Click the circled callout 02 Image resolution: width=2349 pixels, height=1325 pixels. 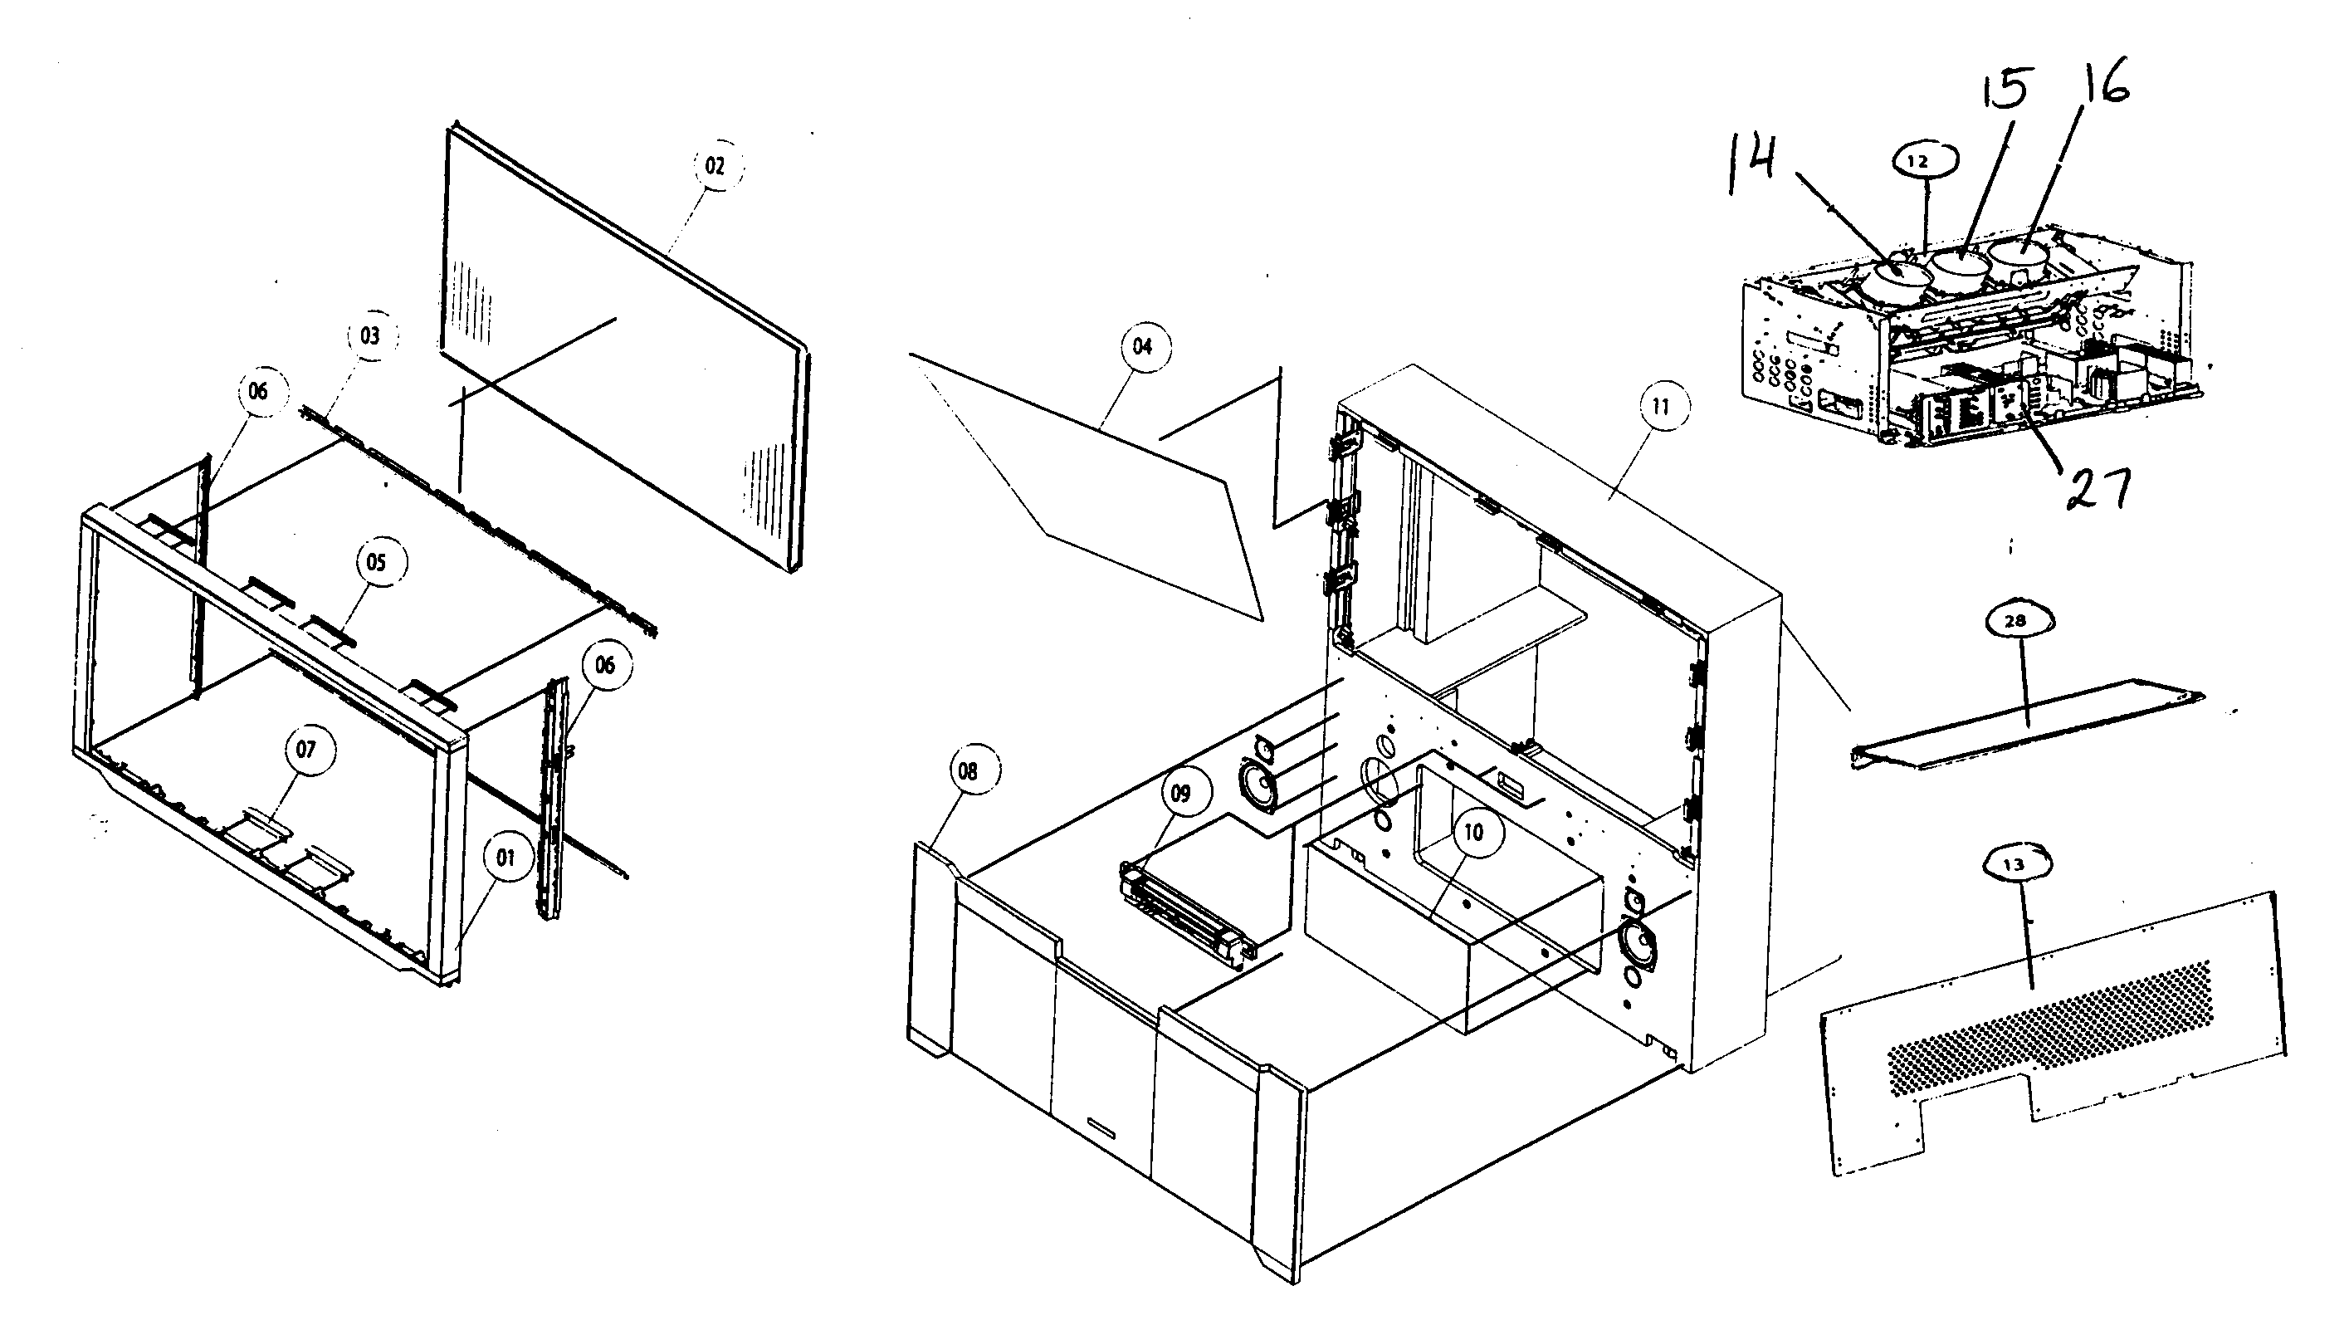715,166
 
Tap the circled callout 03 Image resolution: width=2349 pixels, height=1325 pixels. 370,335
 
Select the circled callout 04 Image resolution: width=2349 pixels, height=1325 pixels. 1143,346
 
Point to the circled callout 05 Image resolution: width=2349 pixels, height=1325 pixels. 377,562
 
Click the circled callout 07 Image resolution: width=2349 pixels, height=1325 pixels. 306,750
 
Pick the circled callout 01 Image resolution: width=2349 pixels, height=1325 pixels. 505,858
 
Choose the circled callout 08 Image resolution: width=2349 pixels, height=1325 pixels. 969,771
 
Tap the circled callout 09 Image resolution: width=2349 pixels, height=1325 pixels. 1181,794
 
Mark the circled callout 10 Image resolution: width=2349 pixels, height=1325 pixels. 1473,832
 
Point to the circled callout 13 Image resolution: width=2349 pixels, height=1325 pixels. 2014,864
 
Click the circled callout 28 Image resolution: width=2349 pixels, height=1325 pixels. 2015,621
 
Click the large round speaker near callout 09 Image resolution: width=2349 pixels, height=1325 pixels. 1257,785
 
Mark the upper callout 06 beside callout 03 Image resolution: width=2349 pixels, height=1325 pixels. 259,391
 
